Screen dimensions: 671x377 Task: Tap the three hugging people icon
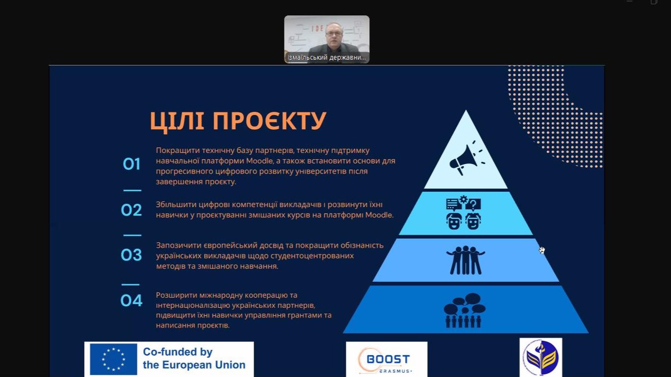coord(465,260)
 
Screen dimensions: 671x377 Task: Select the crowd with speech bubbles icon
coord(465,310)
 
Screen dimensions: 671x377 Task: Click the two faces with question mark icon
coord(463,212)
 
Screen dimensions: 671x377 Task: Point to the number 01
coord(132,164)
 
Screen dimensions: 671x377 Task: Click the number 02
coord(131,210)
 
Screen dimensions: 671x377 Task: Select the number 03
coord(131,255)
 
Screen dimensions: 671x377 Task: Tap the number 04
coord(131,300)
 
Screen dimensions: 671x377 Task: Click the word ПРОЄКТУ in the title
coord(269,120)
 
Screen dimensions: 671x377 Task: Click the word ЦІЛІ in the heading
coord(177,121)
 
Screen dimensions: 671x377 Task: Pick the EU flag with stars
coord(114,359)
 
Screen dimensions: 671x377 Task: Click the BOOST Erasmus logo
coord(387,359)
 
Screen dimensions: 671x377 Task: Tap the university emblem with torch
coord(541,357)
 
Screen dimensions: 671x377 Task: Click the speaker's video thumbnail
coord(327,39)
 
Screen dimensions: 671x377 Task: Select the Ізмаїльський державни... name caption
coord(327,58)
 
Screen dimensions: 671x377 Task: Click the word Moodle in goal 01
coord(260,161)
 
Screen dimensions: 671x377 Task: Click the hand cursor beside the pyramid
coord(542,250)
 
